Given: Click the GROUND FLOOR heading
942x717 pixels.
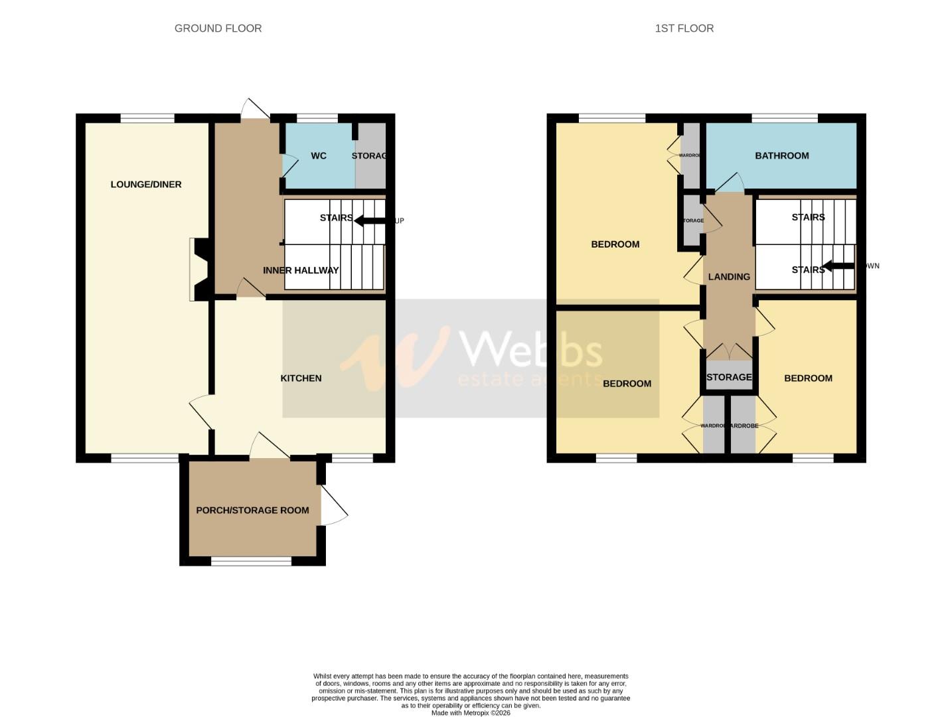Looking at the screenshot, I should tap(218, 28).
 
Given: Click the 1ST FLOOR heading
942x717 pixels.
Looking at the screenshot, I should tap(684, 28).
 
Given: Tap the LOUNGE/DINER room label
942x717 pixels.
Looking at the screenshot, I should tap(146, 185).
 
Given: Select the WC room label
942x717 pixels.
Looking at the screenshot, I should tap(319, 156).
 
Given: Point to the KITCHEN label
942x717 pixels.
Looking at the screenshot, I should tap(301, 378).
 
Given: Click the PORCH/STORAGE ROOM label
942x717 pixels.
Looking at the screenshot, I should tap(252, 511).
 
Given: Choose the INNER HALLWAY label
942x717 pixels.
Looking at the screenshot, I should tap(301, 270).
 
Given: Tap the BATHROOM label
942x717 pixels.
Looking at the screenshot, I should tap(781, 156).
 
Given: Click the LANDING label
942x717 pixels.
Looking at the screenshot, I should tap(729, 277).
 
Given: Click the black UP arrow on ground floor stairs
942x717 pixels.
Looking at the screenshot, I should tap(369, 220).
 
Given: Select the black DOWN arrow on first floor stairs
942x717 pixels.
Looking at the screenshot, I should tap(838, 266).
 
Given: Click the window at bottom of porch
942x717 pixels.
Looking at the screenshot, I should tap(251, 562).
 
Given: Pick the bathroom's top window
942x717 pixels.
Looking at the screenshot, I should tap(784, 118).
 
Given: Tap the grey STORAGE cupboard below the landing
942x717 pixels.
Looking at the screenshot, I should tap(729, 376).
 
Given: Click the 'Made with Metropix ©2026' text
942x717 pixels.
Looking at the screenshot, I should tap(471, 713).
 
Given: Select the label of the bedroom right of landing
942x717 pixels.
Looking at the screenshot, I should tap(808, 378).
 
